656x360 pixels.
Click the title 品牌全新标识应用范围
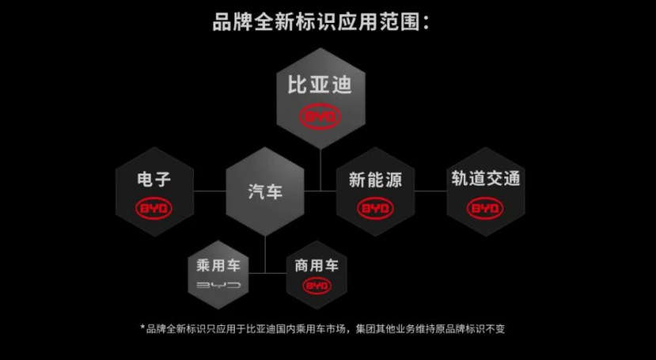[317, 21]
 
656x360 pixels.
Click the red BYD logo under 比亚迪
[320, 117]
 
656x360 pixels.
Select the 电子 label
[154, 179]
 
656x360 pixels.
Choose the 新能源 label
[375, 179]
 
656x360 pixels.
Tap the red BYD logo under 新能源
[375, 209]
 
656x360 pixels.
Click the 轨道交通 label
[486, 179]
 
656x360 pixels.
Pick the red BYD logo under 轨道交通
[486, 209]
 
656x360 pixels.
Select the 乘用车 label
[218, 265]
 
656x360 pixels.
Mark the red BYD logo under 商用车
[317, 286]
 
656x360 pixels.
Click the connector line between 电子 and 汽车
[209, 191]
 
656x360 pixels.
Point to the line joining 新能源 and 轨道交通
[430, 191]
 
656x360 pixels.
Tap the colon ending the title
[427, 23]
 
